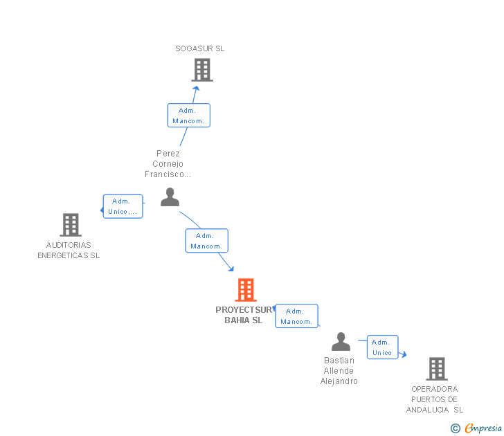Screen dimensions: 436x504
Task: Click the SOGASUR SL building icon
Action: [201, 70]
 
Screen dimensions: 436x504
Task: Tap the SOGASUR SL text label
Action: [200, 49]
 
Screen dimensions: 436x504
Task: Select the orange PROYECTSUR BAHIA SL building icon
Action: [246, 290]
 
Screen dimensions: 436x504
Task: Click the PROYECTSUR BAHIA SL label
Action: [244, 315]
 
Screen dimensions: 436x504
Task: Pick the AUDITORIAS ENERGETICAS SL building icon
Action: [71, 224]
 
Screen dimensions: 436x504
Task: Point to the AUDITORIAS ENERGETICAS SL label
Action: [69, 250]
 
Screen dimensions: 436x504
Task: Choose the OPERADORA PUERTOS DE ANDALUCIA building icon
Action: [436, 369]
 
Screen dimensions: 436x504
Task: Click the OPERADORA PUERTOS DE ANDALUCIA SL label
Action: [435, 399]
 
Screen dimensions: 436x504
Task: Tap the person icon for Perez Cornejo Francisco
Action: [170, 197]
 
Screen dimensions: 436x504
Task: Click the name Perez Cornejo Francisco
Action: [168, 164]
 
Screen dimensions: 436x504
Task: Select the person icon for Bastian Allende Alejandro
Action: [341, 342]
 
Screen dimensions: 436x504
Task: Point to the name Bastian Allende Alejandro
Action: [339, 371]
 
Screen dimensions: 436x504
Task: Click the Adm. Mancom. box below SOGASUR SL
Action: [188, 116]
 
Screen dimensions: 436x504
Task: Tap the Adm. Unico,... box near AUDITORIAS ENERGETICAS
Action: [123, 206]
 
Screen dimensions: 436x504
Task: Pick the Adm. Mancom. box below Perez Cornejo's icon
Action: [206, 241]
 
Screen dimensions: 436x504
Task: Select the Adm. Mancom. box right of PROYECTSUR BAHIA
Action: [296, 316]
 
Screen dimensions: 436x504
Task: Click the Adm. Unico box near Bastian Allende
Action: [382, 347]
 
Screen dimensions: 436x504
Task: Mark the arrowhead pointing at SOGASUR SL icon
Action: [197, 88]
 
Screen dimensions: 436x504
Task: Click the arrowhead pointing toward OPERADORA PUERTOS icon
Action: [403, 355]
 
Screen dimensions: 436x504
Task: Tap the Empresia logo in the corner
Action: [477, 428]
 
